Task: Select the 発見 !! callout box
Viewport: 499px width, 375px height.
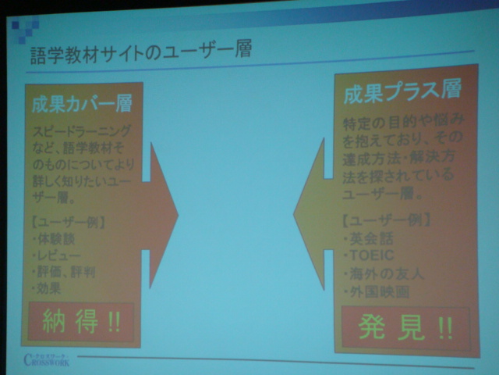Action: click(x=405, y=326)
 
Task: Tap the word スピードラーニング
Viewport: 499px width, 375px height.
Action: click(x=82, y=130)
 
